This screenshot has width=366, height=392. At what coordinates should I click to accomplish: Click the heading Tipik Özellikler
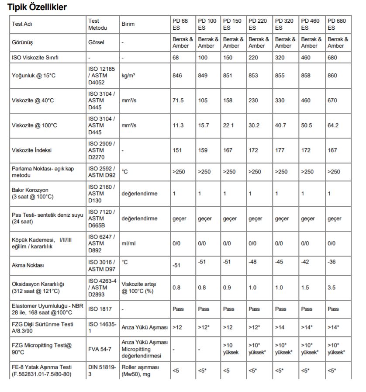37,7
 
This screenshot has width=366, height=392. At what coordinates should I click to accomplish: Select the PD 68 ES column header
180,24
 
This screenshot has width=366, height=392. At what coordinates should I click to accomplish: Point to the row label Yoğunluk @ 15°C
34,76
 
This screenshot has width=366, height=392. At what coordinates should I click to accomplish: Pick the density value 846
177,76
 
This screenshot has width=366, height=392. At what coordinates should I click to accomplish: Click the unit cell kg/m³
128,76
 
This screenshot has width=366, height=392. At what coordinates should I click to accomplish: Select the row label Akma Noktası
28,265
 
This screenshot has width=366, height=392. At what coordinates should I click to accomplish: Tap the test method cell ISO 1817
100,309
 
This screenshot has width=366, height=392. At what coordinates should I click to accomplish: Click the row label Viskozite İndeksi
32,150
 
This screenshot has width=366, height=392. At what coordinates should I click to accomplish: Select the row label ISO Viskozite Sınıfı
35,57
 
